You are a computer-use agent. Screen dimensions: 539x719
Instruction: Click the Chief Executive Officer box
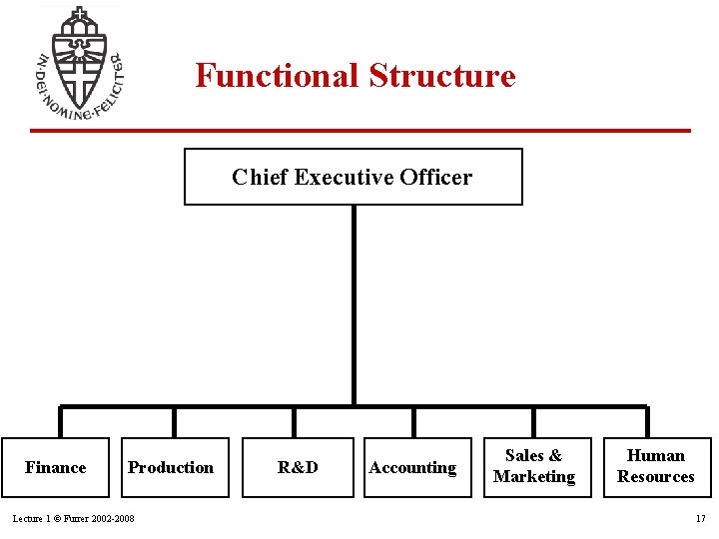353,177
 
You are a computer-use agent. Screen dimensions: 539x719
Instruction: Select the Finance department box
56,467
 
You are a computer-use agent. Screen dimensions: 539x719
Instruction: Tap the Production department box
171,467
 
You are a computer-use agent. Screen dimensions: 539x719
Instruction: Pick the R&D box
298,467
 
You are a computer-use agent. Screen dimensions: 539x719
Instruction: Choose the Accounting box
412,467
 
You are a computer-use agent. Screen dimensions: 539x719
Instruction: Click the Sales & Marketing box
534,466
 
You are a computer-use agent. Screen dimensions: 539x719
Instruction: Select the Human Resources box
656,466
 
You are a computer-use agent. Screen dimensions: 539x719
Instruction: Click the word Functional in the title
277,76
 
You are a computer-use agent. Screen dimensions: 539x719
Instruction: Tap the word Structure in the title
442,76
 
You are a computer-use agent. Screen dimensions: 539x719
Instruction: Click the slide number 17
700,519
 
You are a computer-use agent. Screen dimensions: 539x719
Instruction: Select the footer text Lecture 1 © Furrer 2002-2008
73,519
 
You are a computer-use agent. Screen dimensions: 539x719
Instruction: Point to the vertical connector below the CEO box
354,299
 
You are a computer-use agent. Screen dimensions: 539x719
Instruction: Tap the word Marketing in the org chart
534,477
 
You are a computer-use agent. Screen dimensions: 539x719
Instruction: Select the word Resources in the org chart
656,477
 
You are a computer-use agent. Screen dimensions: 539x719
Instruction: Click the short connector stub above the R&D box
294,421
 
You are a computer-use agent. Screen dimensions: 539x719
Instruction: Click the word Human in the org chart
656,456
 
